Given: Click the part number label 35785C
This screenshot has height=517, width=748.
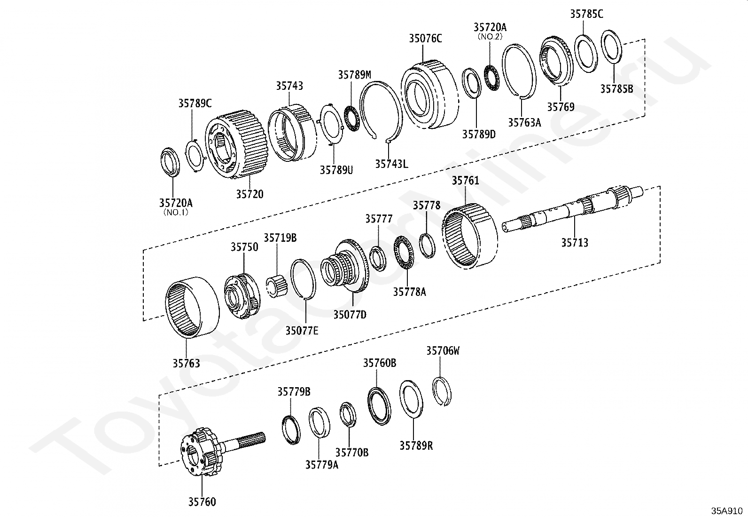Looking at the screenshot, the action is pos(586,14).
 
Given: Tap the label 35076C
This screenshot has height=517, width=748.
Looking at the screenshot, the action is pos(425,39).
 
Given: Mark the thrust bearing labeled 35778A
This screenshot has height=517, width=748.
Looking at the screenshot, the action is pos(404,253).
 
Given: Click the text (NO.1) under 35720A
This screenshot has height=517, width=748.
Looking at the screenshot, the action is pos(176,212).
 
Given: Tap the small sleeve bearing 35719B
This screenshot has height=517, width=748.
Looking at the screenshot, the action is pos(277,286).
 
